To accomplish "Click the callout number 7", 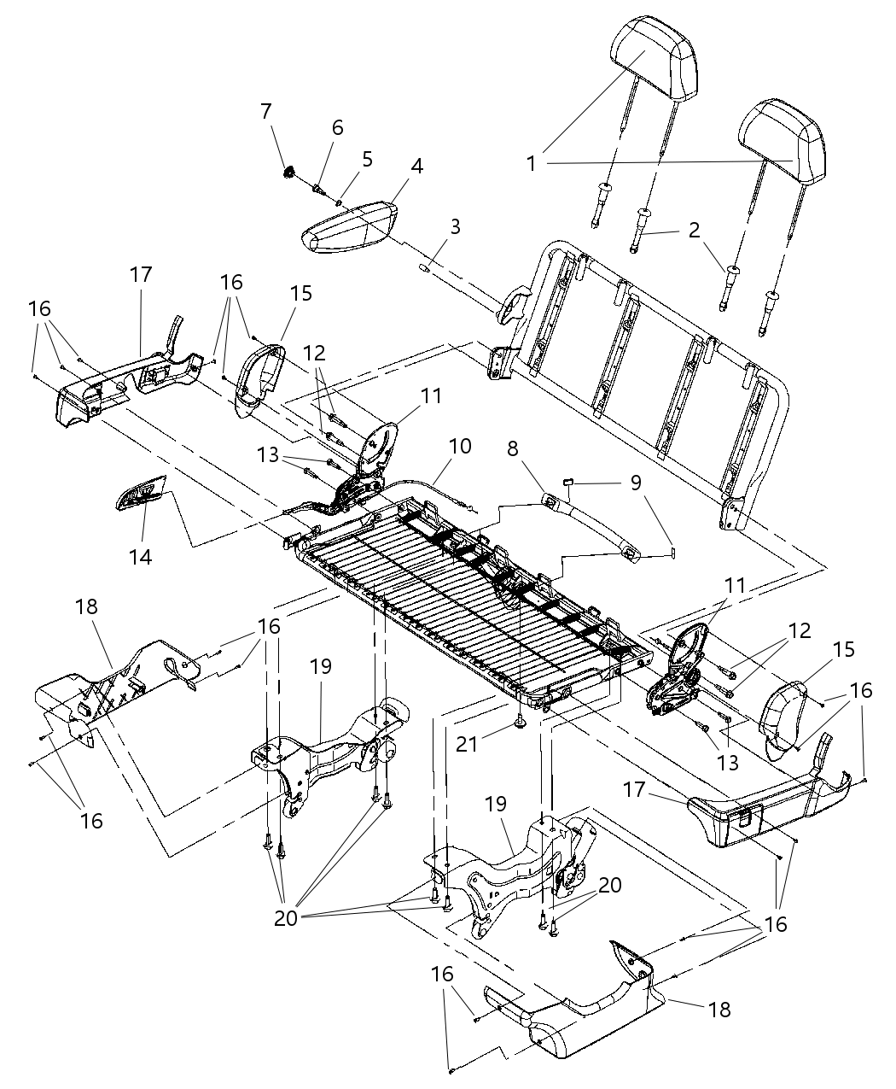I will (x=266, y=111).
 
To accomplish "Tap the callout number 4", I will (x=416, y=166).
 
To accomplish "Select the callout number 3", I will (x=456, y=226).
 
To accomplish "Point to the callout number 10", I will (x=460, y=447).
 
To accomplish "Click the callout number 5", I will (x=367, y=158).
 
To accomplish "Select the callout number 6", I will (x=337, y=127).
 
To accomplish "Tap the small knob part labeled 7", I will (x=290, y=173).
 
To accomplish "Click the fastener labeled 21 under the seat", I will (x=520, y=725).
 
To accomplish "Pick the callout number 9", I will (x=635, y=483).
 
